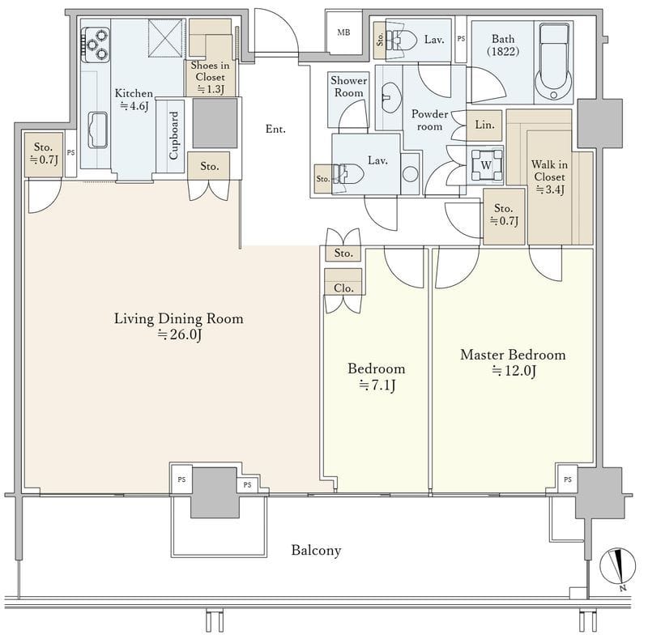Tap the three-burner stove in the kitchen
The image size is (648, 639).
pos(96,45)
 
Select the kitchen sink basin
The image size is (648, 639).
pos(98,130)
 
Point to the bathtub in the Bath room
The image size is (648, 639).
pos(554,62)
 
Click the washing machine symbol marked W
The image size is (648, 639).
pos(486,165)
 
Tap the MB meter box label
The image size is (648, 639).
pos(343,32)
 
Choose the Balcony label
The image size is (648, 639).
pos(316,550)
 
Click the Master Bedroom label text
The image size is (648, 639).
pos(513,355)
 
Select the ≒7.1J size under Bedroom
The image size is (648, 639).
pos(377,386)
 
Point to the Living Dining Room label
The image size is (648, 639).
pos(178,318)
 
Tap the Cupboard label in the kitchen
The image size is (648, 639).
pos(173,135)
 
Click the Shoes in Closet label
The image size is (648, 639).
pos(210,71)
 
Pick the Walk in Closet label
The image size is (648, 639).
pos(549,171)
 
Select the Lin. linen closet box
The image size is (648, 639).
pos(484,125)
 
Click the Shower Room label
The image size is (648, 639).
pos(349,87)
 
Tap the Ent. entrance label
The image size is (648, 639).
pos(275,129)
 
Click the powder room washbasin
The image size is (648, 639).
pos(390,97)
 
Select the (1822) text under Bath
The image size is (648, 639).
pos(503,52)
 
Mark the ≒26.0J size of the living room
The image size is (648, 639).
pos(179,334)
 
